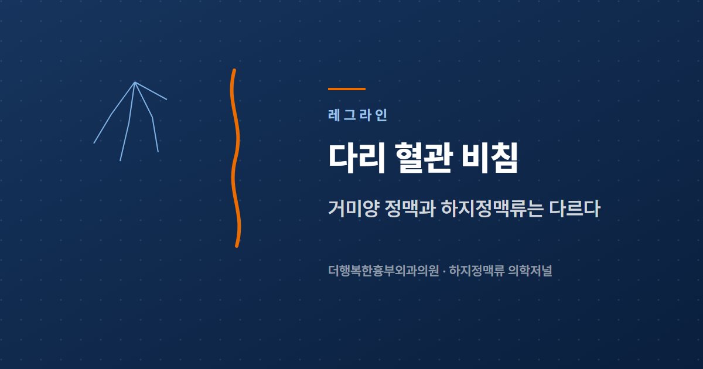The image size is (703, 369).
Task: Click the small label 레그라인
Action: [x=357, y=115]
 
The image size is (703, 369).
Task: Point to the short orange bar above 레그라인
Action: [x=347, y=89]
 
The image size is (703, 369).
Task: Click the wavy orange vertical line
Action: [x=236, y=158]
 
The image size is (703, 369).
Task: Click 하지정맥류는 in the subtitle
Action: [x=492, y=209]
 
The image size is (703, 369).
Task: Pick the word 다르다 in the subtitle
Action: [x=575, y=209]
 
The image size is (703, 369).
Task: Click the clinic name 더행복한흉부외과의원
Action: [x=383, y=271]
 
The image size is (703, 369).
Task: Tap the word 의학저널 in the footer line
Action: [x=530, y=271]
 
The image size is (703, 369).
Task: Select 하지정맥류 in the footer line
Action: [x=477, y=271]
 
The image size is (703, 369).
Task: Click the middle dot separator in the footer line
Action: [x=444, y=271]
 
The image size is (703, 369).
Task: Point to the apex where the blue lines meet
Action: [x=135, y=83]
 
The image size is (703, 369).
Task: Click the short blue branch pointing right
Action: [x=151, y=91]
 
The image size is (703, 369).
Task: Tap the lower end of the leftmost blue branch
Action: [x=94, y=143]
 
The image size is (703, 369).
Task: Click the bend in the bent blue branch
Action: [x=152, y=117]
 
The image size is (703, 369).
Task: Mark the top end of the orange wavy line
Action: [x=234, y=70]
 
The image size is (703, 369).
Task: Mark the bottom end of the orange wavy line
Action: [x=237, y=246]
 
